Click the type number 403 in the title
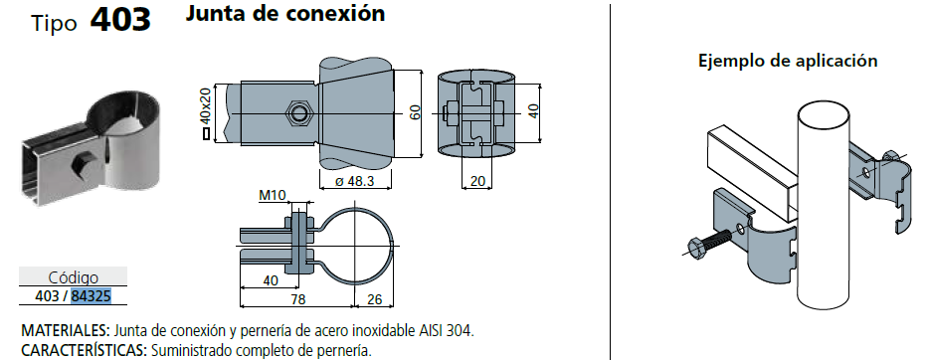(x=120, y=19)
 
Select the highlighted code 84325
(x=92, y=295)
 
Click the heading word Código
(x=73, y=277)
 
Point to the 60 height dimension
(x=416, y=112)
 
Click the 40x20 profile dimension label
(x=205, y=104)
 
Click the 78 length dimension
(x=297, y=299)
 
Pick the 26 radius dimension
(x=375, y=299)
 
